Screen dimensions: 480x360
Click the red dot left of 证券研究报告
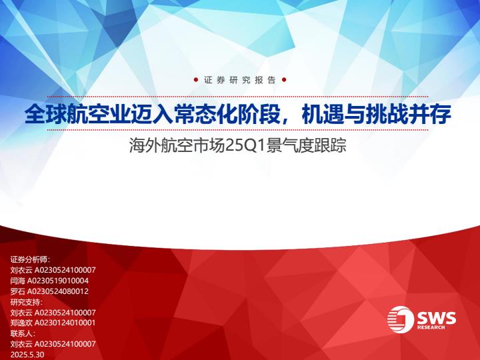196,80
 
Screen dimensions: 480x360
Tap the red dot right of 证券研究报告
284,80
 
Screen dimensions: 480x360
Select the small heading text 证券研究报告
240,80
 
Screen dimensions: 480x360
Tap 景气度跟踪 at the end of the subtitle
307,145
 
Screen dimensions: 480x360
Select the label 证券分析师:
30,259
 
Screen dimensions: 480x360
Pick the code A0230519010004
58,281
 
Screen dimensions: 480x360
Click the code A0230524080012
58,291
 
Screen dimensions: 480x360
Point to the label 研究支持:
27,302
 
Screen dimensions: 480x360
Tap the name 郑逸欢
21,323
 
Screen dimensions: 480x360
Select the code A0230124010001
65,323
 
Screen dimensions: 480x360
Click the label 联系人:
23,333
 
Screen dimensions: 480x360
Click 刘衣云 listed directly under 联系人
21,344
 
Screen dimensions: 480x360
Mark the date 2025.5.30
27,355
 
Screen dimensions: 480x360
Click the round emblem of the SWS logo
401,319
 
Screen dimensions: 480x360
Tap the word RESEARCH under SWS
431,327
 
